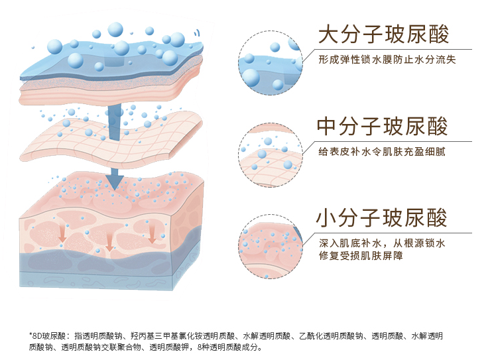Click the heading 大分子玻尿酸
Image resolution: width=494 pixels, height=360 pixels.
pyautogui.click(x=383, y=34)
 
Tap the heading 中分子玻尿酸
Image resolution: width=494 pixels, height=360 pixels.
pyautogui.click(x=383, y=126)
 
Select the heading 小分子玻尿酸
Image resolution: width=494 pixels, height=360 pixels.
pyautogui.click(x=383, y=217)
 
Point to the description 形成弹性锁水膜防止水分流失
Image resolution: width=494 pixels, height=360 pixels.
pyautogui.click(x=387, y=60)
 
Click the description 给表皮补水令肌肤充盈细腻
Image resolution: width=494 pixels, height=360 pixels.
pyautogui.click(x=381, y=151)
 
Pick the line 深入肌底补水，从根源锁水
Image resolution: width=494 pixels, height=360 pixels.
pyautogui.click(x=381, y=243)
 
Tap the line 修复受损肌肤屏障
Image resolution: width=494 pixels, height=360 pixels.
pyautogui.click(x=361, y=256)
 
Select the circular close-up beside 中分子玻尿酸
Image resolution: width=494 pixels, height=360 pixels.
pyautogui.click(x=270, y=154)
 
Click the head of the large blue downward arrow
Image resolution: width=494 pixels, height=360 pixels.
pyautogui.click(x=115, y=178)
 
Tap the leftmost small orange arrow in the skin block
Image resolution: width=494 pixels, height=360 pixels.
pyautogui.click(x=63, y=233)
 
